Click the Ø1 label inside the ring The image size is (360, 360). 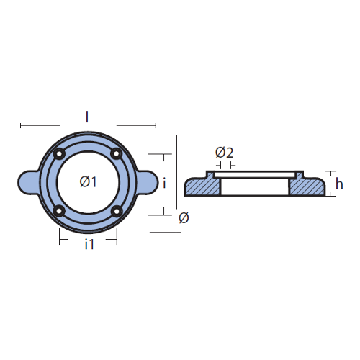88,181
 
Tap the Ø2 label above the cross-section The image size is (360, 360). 225,153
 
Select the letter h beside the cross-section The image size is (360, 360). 339,184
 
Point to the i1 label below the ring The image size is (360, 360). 89,244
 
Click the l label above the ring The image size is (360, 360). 87,117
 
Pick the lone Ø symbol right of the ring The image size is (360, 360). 184,218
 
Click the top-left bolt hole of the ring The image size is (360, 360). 59,154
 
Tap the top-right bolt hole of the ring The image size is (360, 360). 117,153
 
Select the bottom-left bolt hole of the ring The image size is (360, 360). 59,212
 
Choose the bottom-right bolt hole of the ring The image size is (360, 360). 117,211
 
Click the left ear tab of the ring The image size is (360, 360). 27,182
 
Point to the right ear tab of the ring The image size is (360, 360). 148,182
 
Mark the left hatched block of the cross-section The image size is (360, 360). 203,186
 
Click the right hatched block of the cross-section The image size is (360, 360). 307,186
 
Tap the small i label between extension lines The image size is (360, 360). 164,183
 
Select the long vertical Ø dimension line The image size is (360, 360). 177,171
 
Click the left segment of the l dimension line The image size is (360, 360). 40,125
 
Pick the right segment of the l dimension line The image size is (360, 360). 136,125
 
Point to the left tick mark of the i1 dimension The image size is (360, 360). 60,236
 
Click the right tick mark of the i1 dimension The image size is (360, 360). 117,236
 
